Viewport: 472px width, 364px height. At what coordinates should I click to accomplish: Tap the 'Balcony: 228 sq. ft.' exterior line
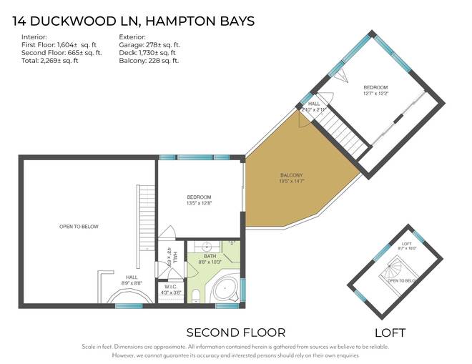pos(150,60)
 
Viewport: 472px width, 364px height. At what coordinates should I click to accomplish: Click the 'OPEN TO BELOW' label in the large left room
pos(79,227)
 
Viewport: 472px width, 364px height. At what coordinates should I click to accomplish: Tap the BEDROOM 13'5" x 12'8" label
pos(199,200)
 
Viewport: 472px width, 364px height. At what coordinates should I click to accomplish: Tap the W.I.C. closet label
pos(172,290)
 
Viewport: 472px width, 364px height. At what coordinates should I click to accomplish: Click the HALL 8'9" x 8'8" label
pos(132,280)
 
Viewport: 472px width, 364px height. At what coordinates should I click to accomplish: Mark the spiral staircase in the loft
pos(391,270)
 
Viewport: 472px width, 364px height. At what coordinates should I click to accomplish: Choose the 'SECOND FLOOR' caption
pos(235,333)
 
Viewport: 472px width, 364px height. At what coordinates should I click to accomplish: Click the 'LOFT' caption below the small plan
pos(390,333)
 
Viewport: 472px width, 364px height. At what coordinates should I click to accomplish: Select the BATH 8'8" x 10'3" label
pos(210,258)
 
